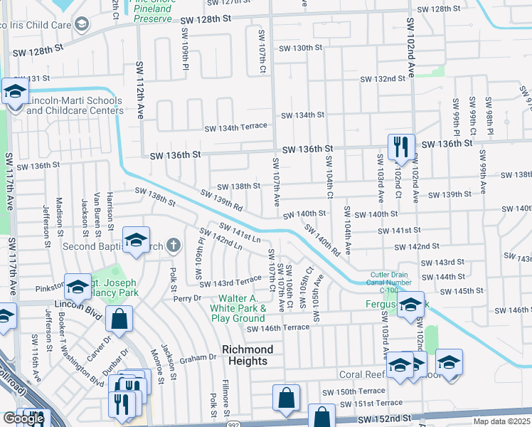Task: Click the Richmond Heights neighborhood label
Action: pyautogui.click(x=247, y=355)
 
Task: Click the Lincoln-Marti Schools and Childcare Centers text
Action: pyautogui.click(x=75, y=105)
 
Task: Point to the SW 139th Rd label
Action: pyautogui.click(x=223, y=199)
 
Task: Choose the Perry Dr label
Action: pyautogui.click(x=188, y=298)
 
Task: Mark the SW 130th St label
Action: pyautogui.click(x=301, y=48)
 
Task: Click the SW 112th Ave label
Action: pyautogui.click(x=140, y=90)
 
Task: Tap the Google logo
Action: pyautogui.click(x=23, y=418)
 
